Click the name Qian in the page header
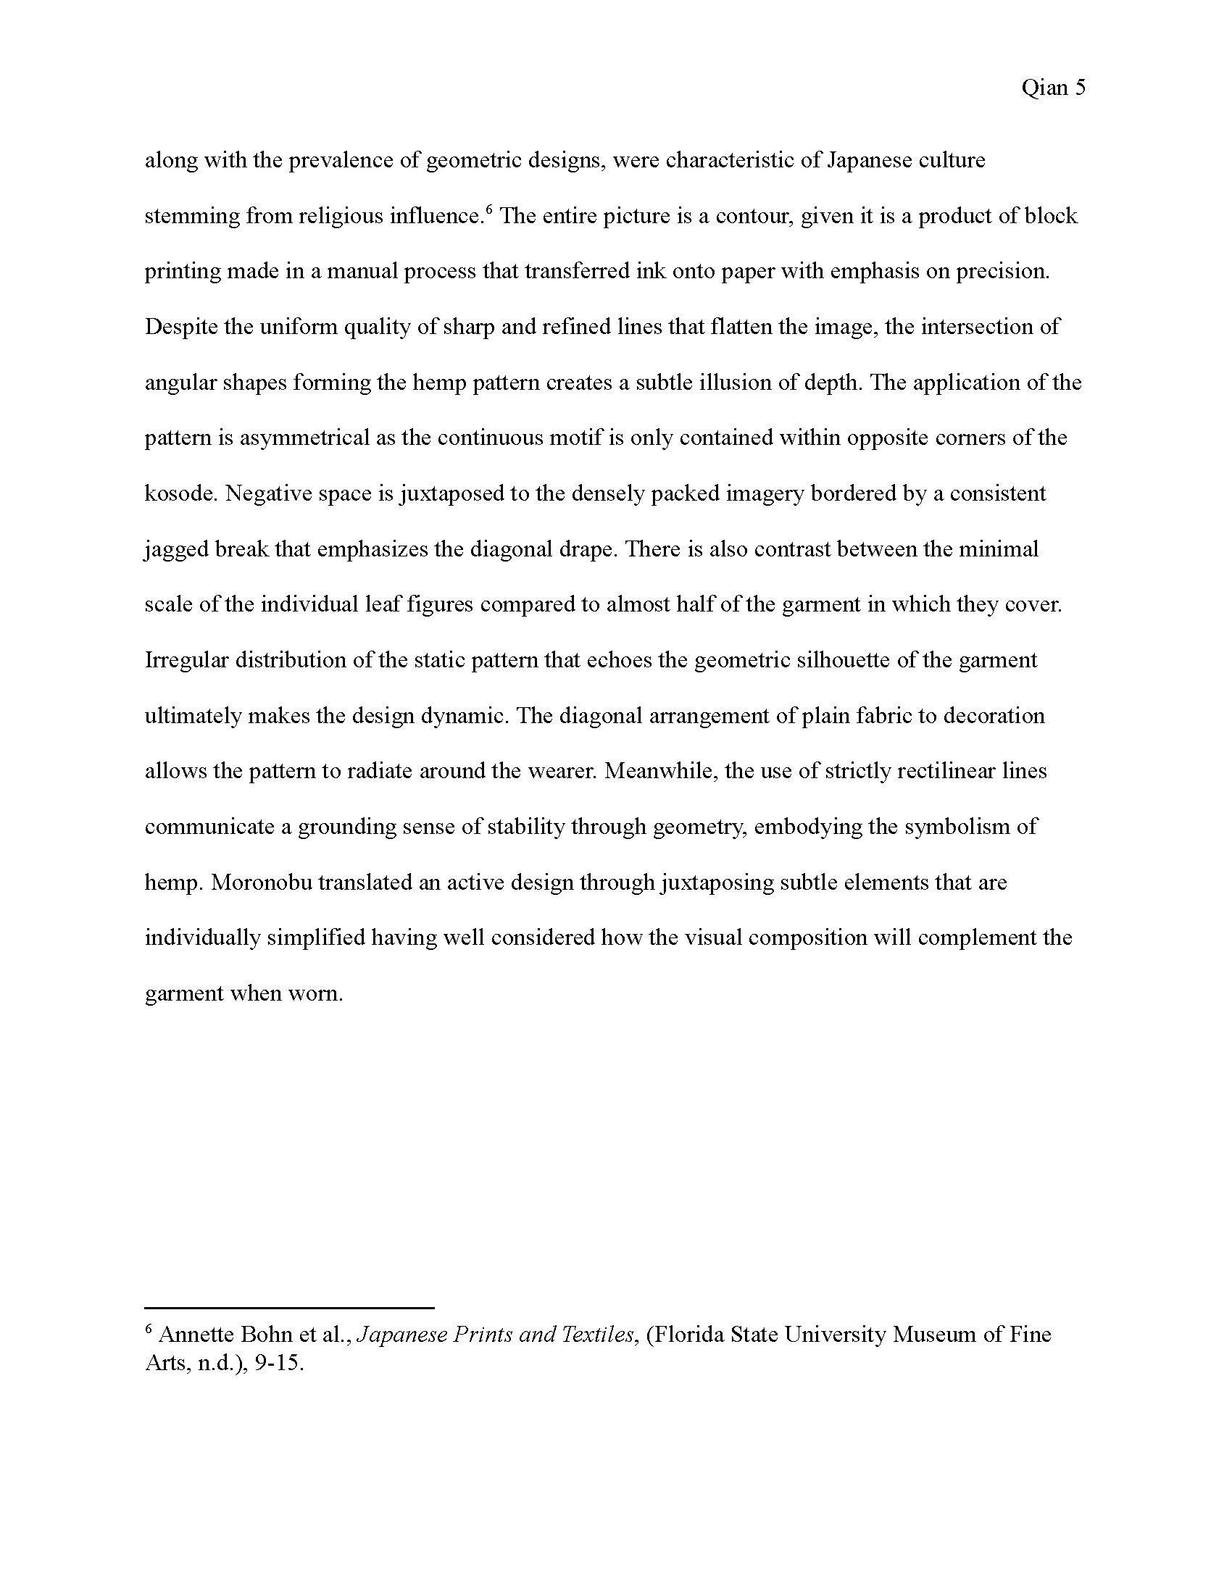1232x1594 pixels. (1044, 88)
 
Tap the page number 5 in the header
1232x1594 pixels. (1080, 88)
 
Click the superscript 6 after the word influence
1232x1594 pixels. (489, 210)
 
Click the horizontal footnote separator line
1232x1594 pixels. (289, 1308)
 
